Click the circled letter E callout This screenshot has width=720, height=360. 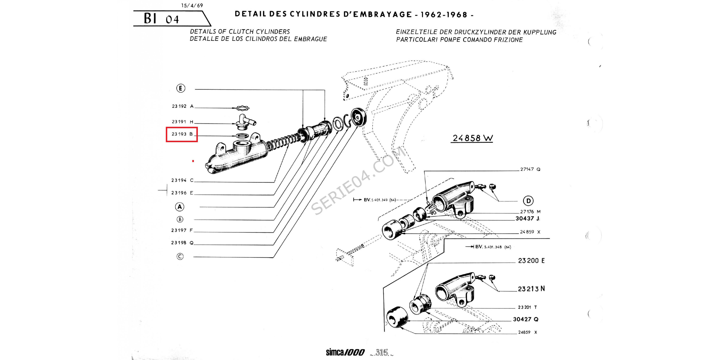tap(181, 88)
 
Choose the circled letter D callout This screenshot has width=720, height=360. tap(528, 201)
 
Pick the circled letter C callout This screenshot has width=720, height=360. tap(180, 256)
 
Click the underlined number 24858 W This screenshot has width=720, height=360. tap(472, 138)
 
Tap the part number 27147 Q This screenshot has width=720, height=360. tap(530, 169)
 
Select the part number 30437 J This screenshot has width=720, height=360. tap(527, 218)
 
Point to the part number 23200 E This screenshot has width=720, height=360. tap(531, 260)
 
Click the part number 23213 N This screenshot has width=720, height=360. tap(531, 289)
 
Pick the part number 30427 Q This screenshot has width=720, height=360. tap(525, 319)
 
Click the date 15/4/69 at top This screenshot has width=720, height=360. tap(192, 5)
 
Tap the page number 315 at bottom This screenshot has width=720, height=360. tap(382, 353)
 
